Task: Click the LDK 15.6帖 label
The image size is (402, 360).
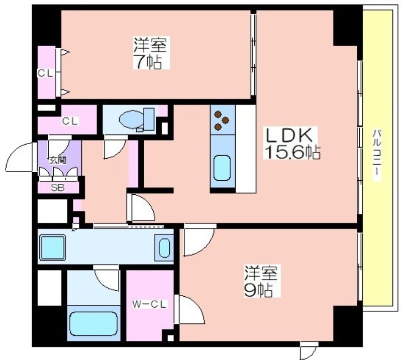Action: point(292,143)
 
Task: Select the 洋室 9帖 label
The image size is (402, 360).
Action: point(260,281)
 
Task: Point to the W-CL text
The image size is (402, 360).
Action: point(150,304)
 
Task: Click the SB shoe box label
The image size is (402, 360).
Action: point(58,188)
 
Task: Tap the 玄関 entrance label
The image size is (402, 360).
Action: point(58,160)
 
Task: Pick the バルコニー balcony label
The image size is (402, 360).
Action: point(376,156)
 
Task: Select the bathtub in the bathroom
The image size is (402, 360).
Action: point(93,324)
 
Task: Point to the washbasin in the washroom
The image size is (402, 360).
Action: point(164,248)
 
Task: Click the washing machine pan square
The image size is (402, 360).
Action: point(52,248)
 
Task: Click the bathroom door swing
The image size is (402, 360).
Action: point(107,278)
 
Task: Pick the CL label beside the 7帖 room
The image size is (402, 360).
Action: point(46,73)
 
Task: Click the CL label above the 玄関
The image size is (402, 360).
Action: point(70,121)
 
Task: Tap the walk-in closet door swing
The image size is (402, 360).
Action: point(189,309)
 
